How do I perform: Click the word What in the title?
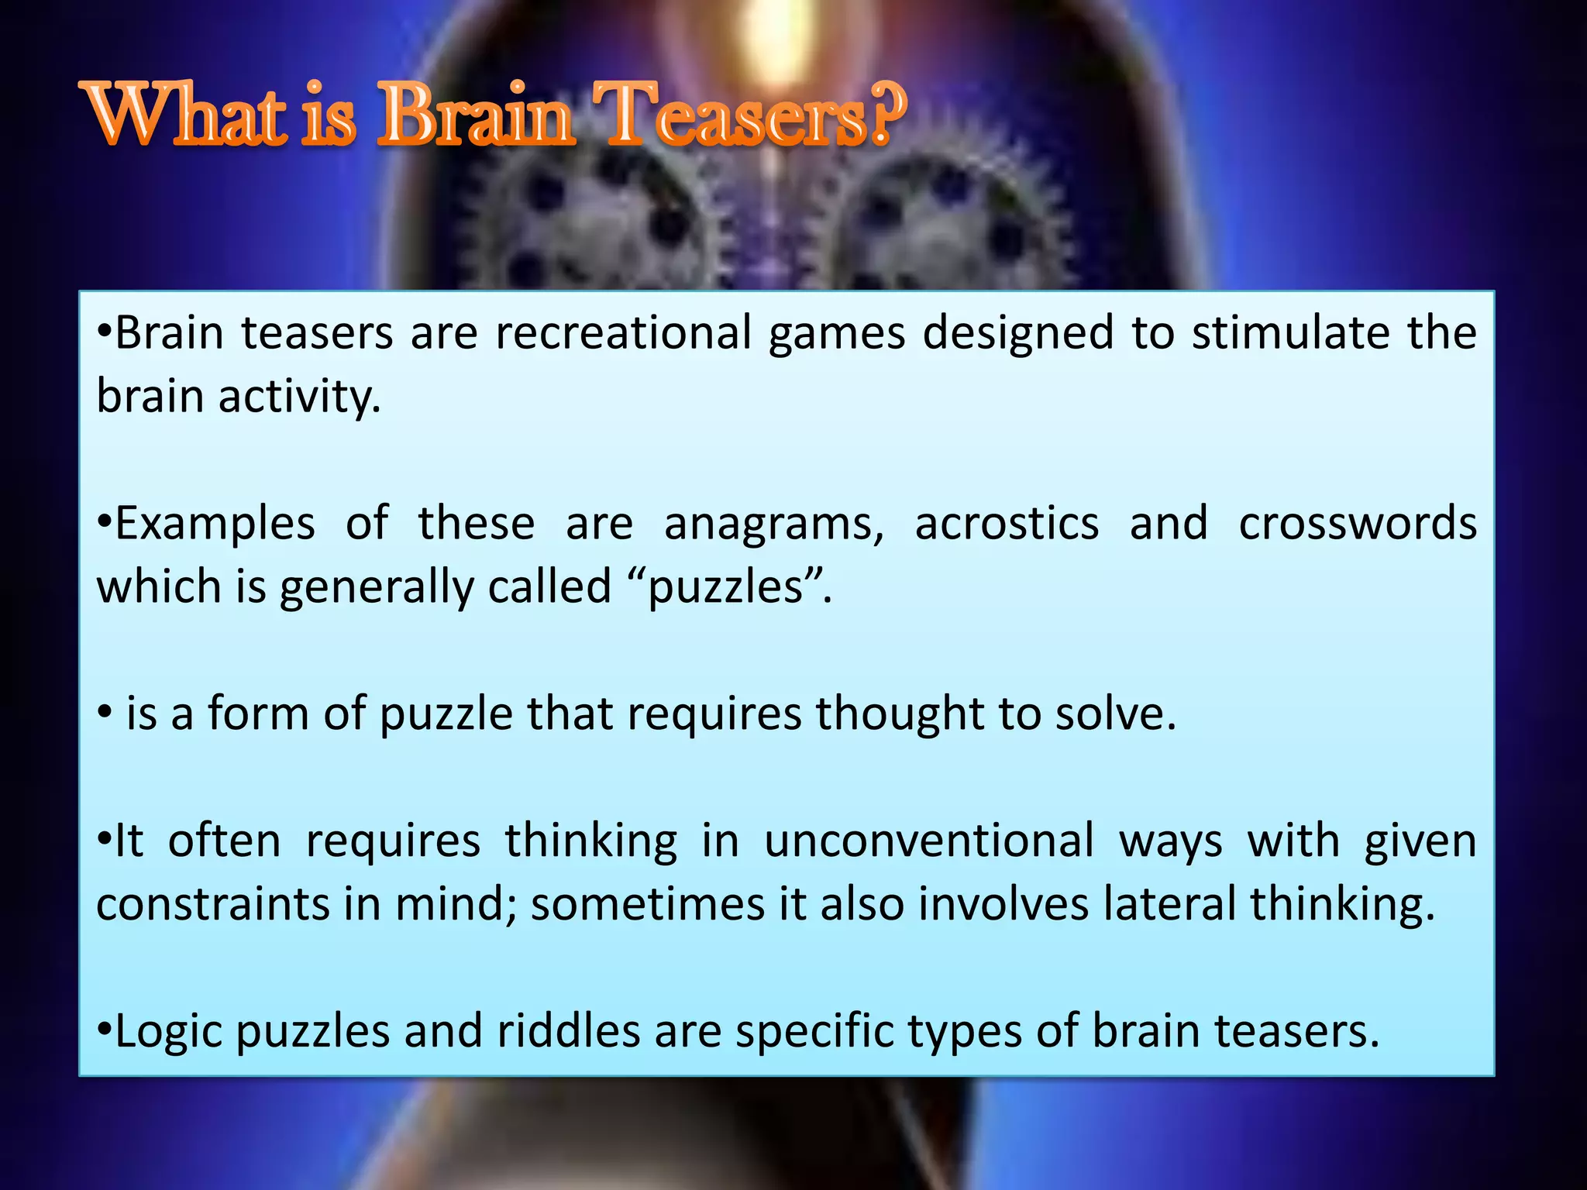coord(187,116)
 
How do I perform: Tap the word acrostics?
coord(1007,524)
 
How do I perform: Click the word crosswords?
coord(1358,524)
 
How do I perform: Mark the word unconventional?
coord(929,841)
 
